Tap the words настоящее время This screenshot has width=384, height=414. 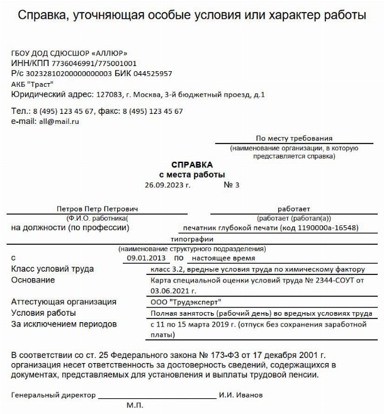(223, 258)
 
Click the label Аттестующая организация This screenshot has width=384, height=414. (64, 302)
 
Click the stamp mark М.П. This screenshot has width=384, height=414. (135, 406)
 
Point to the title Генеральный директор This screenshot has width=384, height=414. (53, 395)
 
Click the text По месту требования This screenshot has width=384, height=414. (294, 138)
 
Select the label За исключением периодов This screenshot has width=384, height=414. (64, 324)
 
